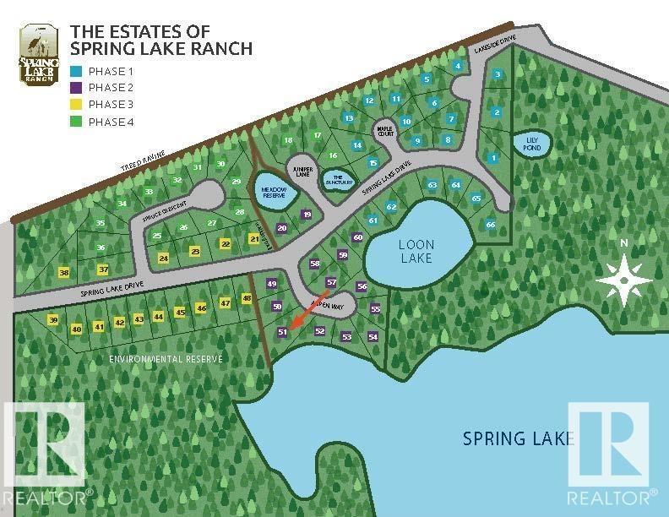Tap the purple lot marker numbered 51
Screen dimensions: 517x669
point(283,333)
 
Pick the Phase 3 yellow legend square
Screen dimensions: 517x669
point(77,105)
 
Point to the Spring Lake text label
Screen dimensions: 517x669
point(519,438)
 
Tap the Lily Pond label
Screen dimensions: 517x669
point(531,144)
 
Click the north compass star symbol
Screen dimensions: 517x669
point(624,278)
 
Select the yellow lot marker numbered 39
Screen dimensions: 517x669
point(53,320)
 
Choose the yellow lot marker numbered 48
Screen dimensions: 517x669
point(247,298)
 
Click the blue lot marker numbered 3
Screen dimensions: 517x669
point(498,74)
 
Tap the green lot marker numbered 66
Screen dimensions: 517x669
point(490,224)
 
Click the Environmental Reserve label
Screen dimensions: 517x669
point(166,359)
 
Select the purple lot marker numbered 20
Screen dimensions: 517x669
point(282,228)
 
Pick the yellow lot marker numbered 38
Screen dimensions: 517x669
point(63,272)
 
